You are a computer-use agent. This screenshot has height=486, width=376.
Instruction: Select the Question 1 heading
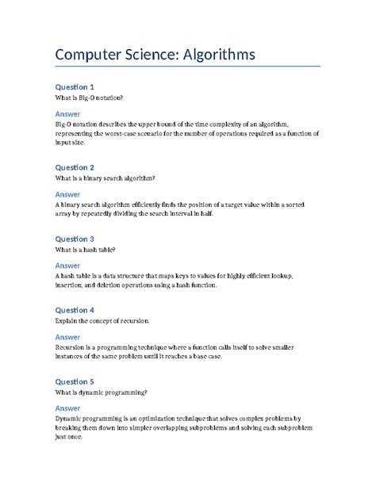(x=75, y=86)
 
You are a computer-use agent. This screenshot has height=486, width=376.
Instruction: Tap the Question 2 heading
(x=75, y=167)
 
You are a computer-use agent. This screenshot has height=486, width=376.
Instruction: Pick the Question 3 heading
(x=75, y=239)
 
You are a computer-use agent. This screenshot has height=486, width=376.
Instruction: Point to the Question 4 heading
(x=75, y=310)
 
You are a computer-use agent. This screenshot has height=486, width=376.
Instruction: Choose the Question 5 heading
(x=75, y=381)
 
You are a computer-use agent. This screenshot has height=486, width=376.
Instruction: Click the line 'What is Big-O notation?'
(x=89, y=98)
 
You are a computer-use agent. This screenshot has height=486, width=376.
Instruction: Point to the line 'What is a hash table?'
(x=85, y=250)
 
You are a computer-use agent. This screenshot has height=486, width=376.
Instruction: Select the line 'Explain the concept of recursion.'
(x=102, y=321)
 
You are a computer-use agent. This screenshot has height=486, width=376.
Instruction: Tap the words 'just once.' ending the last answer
(x=70, y=437)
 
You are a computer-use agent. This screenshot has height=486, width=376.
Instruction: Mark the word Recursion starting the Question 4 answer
(x=72, y=346)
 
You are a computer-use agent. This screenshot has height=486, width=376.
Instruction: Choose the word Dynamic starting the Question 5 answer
(x=70, y=418)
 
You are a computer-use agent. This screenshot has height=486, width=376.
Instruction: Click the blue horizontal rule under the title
(x=187, y=67)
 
